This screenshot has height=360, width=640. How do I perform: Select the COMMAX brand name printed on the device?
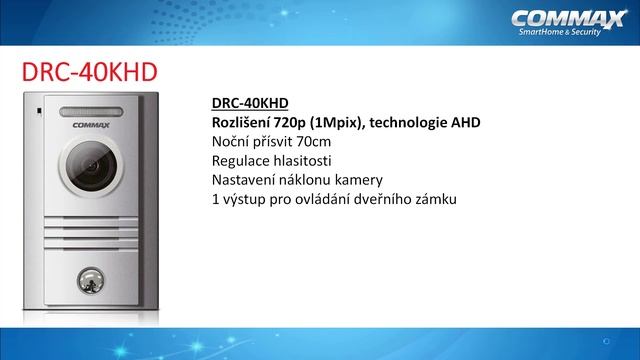[94, 127]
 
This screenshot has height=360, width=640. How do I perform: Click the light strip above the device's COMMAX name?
[94, 112]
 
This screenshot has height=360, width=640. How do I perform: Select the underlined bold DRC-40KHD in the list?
[250, 102]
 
